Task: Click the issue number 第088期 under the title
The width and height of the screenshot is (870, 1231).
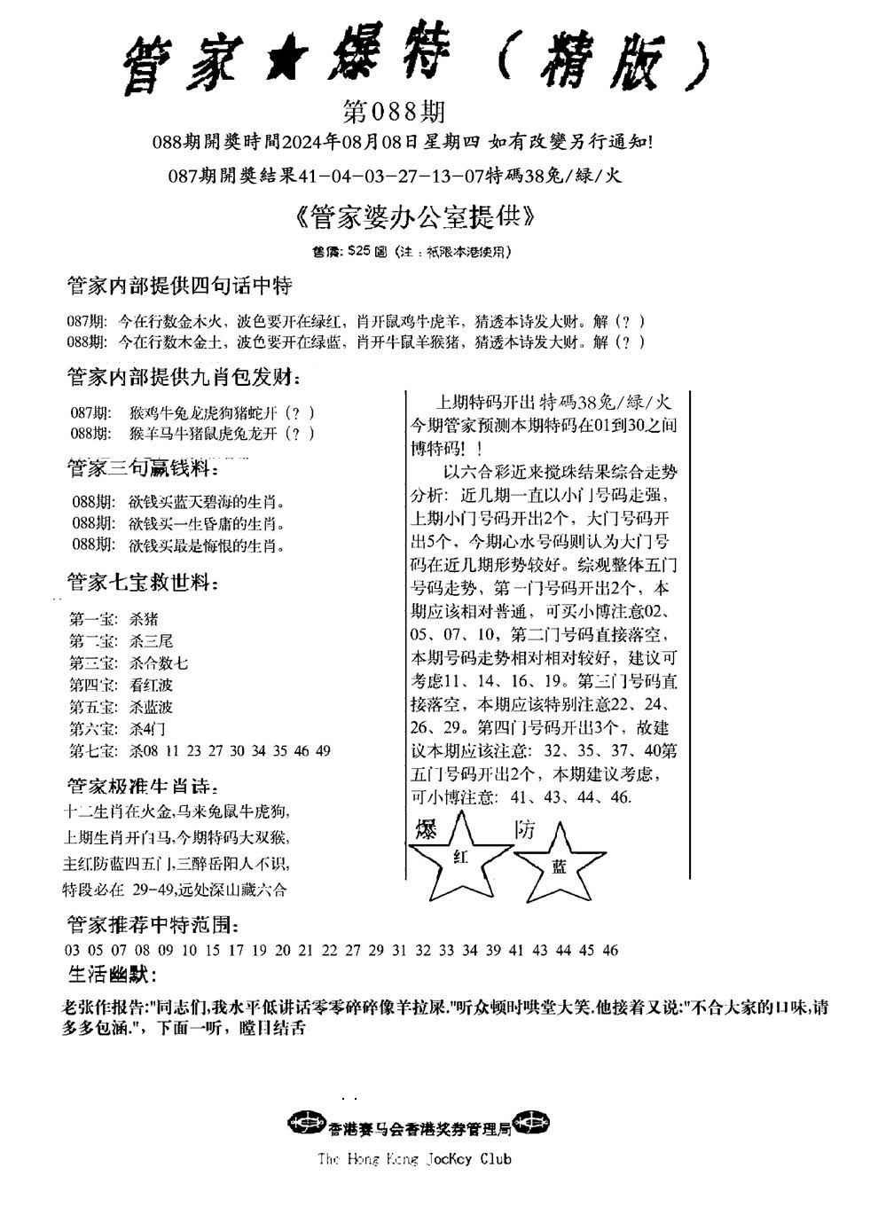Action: pos(393,113)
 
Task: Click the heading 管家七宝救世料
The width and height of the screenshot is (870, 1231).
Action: pos(142,583)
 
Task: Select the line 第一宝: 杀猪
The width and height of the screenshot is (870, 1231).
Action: pos(114,619)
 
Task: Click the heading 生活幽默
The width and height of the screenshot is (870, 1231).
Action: pos(111,976)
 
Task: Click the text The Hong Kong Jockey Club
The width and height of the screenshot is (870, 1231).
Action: pos(414,1158)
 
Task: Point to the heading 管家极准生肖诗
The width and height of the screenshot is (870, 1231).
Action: pos(142,786)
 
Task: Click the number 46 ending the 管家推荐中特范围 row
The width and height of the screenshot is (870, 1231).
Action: pos(610,951)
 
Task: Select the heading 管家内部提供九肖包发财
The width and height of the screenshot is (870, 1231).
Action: pos(183,379)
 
